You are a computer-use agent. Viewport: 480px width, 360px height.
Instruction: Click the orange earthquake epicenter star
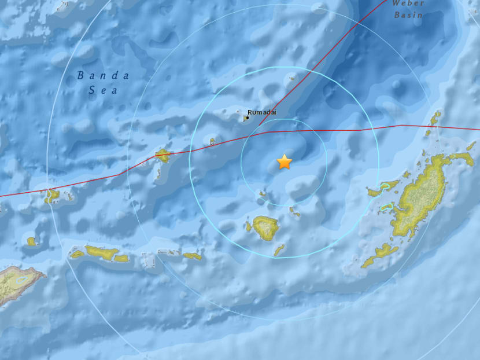pyautogui.click(x=285, y=162)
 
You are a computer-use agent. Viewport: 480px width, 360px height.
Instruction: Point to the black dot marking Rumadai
pyautogui.click(x=247, y=118)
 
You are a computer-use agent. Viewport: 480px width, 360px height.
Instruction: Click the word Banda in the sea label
pyautogui.click(x=104, y=75)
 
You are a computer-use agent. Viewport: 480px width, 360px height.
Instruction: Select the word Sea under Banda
pyautogui.click(x=104, y=90)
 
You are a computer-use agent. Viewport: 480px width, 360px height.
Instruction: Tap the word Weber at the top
pyautogui.click(x=408, y=3)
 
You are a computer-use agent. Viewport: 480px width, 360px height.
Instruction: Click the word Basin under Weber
pyautogui.click(x=408, y=15)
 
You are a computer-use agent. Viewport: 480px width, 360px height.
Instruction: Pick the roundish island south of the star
pyautogui.click(x=265, y=227)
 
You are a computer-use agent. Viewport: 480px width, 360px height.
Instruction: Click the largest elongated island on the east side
pyautogui.click(x=422, y=197)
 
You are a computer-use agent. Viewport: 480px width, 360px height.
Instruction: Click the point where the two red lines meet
pyautogui.click(x=267, y=132)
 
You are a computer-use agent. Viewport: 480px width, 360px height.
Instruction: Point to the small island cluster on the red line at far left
pyautogui.click(x=52, y=196)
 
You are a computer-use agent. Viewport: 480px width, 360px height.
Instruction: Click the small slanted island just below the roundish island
pyautogui.click(x=279, y=249)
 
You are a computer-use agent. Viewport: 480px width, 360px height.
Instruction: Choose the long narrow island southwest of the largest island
pyautogui.click(x=381, y=254)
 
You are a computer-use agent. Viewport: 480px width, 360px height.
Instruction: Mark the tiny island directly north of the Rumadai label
pyautogui.click(x=292, y=78)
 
